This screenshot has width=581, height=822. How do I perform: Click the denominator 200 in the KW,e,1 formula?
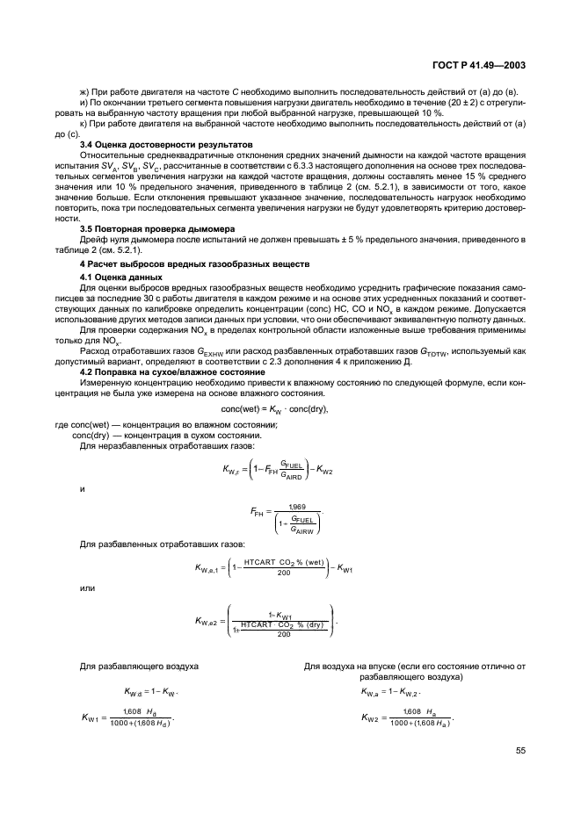point(283,574)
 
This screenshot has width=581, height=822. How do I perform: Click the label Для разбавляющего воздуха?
point(139,667)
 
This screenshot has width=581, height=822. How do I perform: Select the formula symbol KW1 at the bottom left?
point(92,717)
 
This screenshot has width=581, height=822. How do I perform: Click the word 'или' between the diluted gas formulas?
point(87,588)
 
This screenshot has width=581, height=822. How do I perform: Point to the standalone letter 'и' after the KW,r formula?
point(82,489)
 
